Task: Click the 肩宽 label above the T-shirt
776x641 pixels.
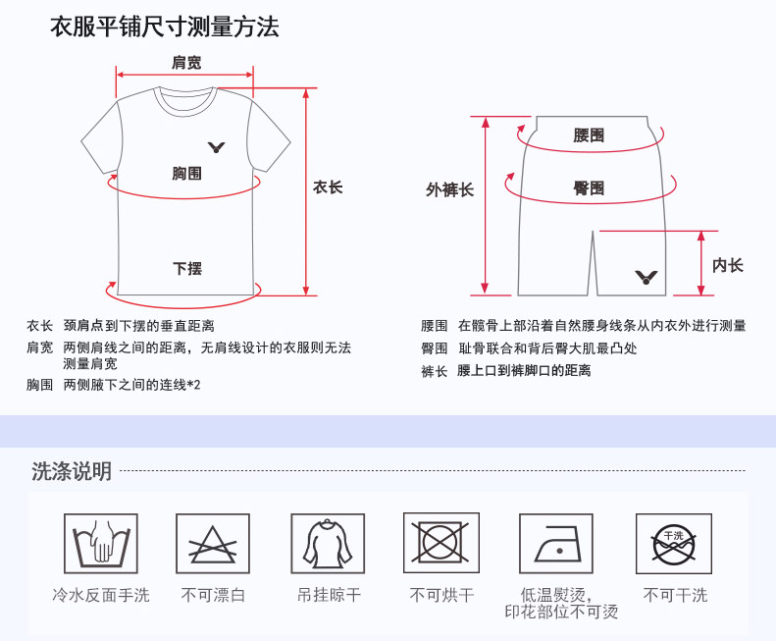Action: click(186, 63)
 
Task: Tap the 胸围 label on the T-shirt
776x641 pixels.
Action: click(186, 174)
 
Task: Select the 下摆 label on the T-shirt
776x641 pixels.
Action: click(187, 268)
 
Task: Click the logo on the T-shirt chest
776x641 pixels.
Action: click(217, 147)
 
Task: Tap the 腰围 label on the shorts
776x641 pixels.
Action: click(589, 135)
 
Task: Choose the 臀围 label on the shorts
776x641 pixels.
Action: click(589, 187)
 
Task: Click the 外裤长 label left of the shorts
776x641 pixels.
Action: click(449, 189)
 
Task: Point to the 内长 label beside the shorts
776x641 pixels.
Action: click(727, 265)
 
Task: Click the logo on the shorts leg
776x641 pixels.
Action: click(647, 277)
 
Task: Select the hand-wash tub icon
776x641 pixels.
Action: click(101, 544)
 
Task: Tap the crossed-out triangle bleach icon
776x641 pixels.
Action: click(213, 544)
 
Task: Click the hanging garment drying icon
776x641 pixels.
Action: click(328, 544)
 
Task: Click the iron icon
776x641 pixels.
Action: click(556, 544)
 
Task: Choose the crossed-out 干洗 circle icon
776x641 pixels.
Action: click(673, 544)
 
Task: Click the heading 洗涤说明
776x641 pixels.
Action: click(72, 471)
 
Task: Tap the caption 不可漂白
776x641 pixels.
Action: click(213, 595)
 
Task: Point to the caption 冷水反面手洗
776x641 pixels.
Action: click(101, 595)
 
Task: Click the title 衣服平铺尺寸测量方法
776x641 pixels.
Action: click(165, 27)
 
